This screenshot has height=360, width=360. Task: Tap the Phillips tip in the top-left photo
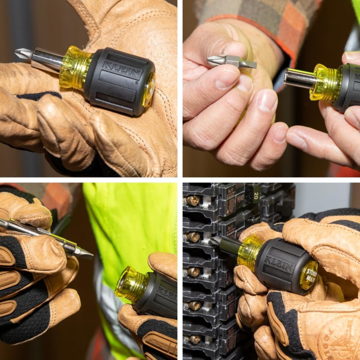(23, 54)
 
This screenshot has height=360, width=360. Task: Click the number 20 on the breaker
(256, 194)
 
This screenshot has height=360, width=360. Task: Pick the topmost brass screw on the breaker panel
(192, 201)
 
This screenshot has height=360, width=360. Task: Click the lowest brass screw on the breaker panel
(194, 339)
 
